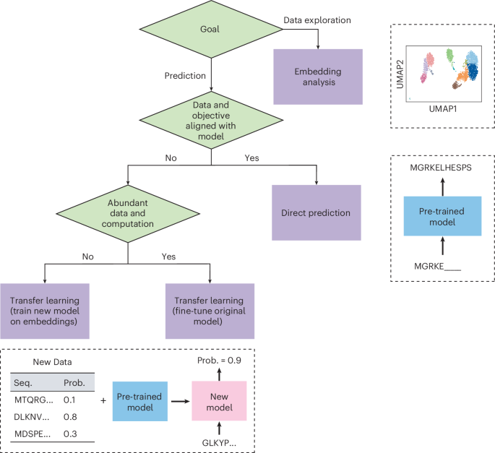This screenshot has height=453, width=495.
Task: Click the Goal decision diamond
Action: [211, 29]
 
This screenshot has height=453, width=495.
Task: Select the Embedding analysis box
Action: [318, 77]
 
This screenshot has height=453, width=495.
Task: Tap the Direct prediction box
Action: [317, 212]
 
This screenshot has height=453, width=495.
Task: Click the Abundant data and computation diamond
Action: [128, 214]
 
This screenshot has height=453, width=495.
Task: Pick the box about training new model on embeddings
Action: [45, 311]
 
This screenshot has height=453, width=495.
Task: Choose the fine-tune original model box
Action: [210, 311]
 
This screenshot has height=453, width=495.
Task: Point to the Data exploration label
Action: [317, 20]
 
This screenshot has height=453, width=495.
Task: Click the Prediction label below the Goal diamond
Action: [185, 76]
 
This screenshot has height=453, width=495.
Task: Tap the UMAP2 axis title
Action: [400, 74]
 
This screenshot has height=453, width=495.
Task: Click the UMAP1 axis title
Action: [443, 109]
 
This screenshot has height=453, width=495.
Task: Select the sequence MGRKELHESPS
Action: [441, 168]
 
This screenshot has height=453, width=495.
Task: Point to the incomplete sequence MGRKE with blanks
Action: [437, 267]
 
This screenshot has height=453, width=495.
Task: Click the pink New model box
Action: [219, 401]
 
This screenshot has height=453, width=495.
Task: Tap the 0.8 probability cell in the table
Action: [70, 417]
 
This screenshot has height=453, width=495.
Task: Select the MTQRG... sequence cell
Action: [34, 400]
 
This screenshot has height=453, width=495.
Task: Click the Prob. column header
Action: [74, 383]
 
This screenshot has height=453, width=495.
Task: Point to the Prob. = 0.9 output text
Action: [219, 361]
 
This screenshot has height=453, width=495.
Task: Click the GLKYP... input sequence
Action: [219, 443]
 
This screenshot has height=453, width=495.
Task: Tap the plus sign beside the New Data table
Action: [103, 400]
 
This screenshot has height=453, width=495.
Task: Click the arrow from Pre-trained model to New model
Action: [181, 402]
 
